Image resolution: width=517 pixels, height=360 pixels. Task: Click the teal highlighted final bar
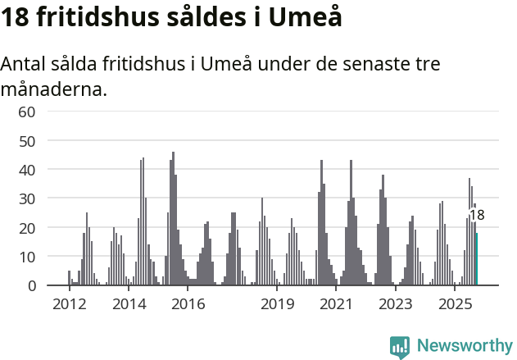477,259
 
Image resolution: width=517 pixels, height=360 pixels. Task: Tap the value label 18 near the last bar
477,216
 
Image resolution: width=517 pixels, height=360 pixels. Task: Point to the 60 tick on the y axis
27,112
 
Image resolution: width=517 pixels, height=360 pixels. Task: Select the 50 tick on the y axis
27,140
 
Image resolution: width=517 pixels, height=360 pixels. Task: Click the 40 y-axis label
27,170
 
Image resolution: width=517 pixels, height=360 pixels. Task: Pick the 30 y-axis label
27,198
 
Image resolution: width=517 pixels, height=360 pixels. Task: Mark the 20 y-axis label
27,227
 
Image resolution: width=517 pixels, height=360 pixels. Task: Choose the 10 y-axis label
27,257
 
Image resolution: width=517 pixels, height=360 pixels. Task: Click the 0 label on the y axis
31,285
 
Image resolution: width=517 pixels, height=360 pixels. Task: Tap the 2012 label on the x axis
69,305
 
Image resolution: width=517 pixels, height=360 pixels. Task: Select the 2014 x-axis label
129,305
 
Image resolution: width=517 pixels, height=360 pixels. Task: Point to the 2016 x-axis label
188,305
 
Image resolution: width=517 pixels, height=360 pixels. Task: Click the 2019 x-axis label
278,305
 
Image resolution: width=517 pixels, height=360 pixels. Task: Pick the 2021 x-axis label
337,305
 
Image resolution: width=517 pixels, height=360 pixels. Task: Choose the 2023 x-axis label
396,305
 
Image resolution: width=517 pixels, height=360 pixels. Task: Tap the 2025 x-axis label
456,305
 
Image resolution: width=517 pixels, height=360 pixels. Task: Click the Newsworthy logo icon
400,347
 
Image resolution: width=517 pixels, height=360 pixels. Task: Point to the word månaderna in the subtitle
53,88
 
